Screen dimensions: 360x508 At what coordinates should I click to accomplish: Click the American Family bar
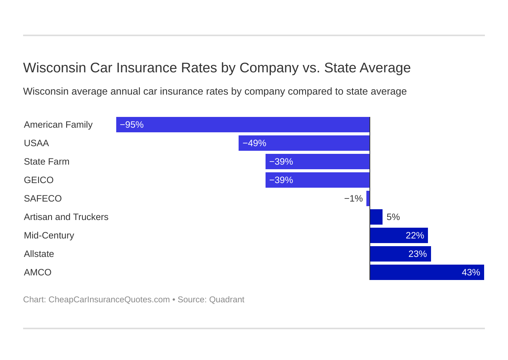[242, 125]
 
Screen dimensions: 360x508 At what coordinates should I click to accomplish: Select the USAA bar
[304, 143]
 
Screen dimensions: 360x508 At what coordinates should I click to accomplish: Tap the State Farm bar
[317, 162]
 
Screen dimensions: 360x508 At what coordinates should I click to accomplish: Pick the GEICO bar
[317, 180]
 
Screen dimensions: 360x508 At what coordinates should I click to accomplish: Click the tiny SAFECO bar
[368, 198]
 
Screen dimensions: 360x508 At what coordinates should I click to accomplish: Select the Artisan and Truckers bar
[376, 217]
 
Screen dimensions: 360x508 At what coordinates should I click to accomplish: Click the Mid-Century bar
[399, 235]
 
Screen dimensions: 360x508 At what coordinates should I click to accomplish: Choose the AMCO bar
[427, 272]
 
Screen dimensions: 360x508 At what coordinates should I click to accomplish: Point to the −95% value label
[132, 125]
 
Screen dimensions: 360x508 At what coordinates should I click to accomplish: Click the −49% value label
[254, 143]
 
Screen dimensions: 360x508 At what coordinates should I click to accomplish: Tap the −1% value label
[353, 198]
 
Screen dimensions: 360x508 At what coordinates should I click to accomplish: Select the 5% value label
[393, 217]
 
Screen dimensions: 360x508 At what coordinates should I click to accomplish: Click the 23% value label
[418, 254]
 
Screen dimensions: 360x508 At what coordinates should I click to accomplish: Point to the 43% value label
[471, 272]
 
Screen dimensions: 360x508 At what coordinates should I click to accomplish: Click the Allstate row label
[39, 254]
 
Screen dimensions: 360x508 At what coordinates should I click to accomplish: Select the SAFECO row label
[43, 198]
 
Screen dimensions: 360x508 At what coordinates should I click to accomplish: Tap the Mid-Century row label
[49, 235]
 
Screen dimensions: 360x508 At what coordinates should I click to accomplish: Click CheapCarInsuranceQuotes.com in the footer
[109, 300]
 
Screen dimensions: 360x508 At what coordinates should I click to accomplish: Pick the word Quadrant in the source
[227, 300]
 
